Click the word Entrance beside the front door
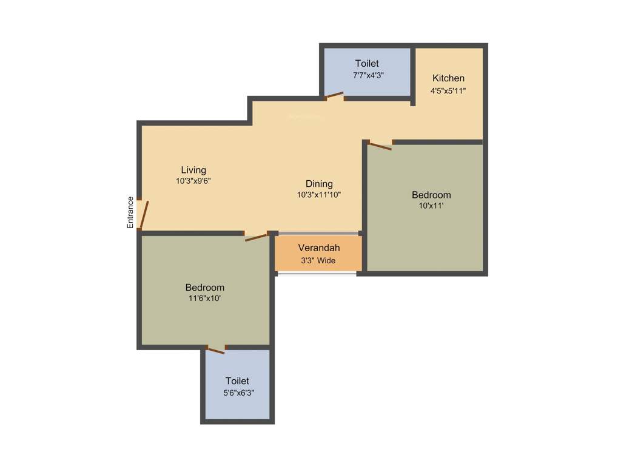(x=130, y=212)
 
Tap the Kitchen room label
(x=448, y=78)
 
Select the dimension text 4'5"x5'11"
(x=448, y=90)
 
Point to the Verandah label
(x=318, y=248)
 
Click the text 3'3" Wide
(x=318, y=260)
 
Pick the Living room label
(x=193, y=170)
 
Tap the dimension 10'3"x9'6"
(x=193, y=181)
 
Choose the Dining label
(x=319, y=184)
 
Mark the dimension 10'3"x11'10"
(x=319, y=195)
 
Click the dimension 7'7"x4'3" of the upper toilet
(x=368, y=75)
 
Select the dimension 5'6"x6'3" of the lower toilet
(x=237, y=393)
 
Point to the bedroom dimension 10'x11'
(x=431, y=206)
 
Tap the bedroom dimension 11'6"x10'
(x=204, y=299)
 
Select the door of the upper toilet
(x=334, y=95)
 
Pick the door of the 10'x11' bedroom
(x=380, y=145)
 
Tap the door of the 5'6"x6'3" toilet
(x=215, y=349)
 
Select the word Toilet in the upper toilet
(x=367, y=63)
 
